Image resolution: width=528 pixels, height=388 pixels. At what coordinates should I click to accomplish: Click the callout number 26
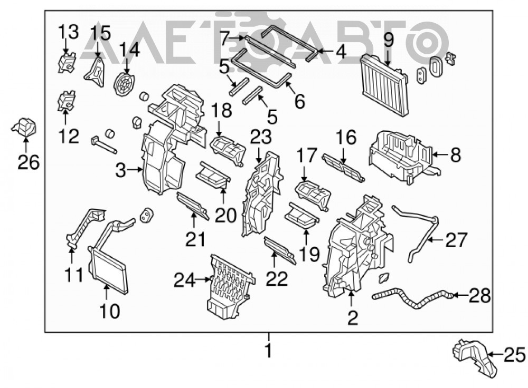[29, 163]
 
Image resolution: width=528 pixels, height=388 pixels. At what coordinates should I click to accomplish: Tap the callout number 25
[514, 354]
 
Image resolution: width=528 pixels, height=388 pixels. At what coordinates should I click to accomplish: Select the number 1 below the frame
[268, 351]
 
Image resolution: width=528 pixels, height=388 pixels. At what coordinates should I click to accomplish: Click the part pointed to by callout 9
[384, 86]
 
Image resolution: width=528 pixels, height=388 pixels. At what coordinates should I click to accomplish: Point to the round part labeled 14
[124, 84]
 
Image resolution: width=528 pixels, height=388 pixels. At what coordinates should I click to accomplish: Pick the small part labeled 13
[67, 62]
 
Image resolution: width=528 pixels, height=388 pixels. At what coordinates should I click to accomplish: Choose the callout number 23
[261, 137]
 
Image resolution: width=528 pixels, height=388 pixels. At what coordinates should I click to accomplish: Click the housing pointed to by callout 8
[403, 157]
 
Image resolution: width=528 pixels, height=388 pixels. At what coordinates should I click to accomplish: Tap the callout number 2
[352, 318]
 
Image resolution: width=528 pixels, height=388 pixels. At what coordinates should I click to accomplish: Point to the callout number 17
[307, 156]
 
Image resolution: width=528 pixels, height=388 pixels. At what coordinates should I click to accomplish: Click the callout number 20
[225, 215]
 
